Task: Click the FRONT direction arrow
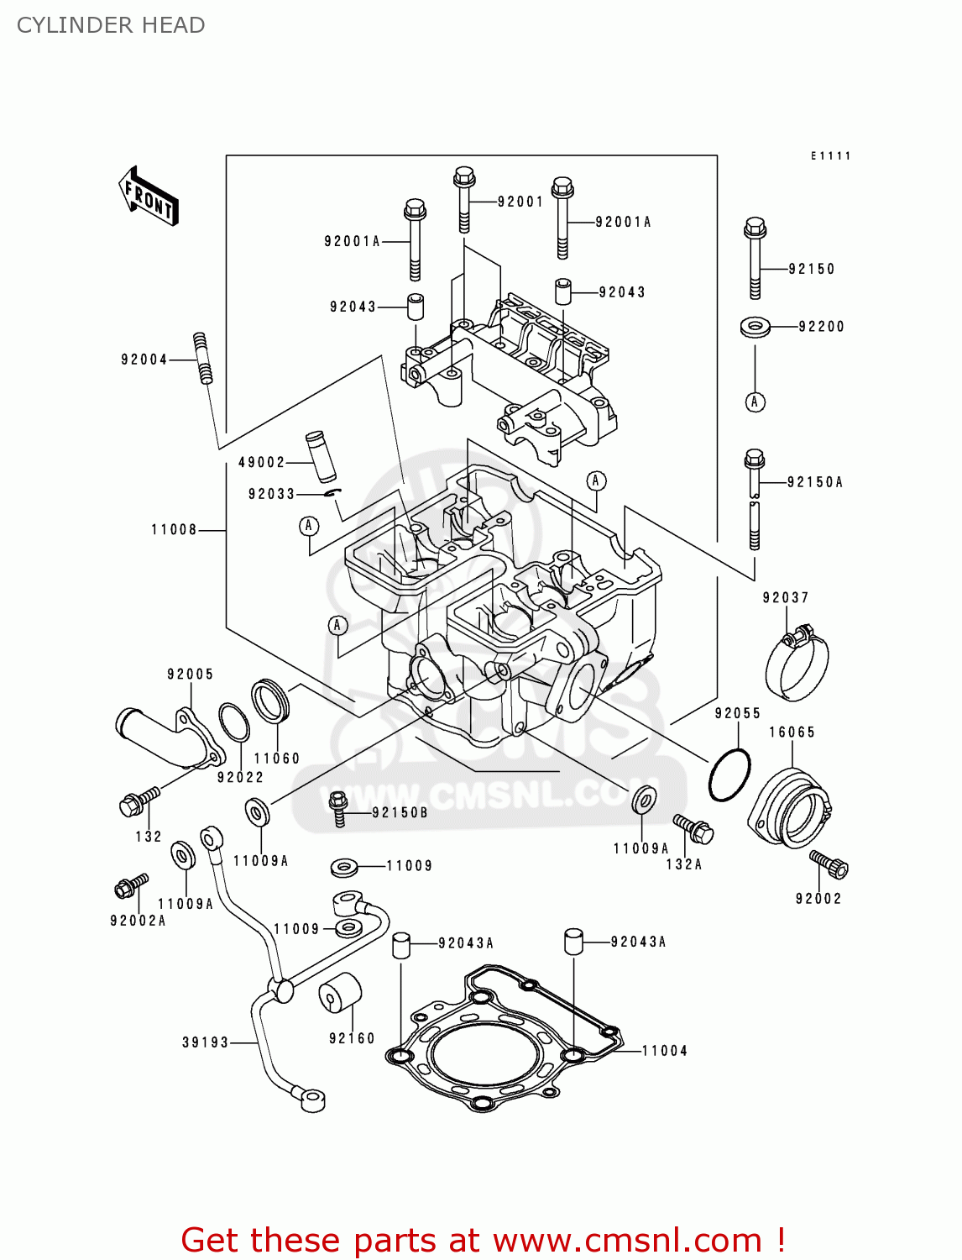click(149, 196)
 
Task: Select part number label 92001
click(520, 202)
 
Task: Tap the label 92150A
click(814, 482)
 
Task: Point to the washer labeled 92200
click(755, 326)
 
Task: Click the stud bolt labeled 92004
click(202, 359)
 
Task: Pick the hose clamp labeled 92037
click(797, 664)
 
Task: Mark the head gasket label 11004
click(664, 1051)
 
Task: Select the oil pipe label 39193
click(205, 1042)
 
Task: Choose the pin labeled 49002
click(320, 456)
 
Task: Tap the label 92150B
click(400, 812)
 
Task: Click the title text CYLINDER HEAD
click(111, 25)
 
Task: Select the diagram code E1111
click(830, 155)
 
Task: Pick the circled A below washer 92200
click(755, 402)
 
